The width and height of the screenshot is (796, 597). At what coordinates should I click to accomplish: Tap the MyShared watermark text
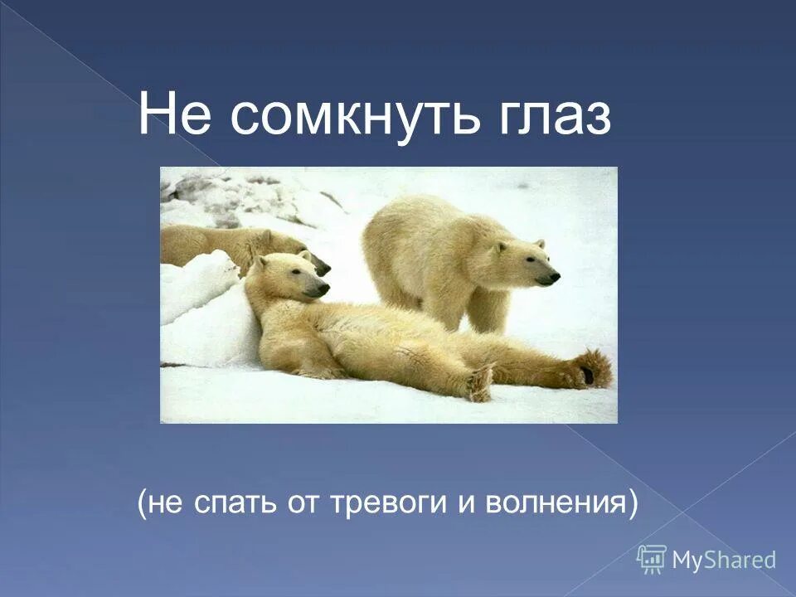[724, 560]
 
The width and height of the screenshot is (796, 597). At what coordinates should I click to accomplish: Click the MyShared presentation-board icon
[652, 558]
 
